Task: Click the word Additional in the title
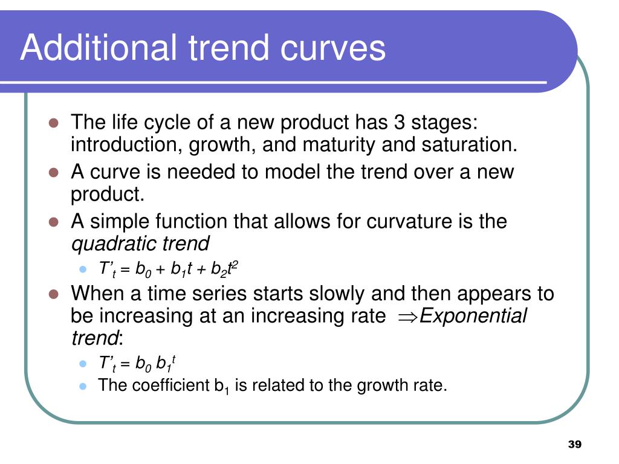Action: coord(99,47)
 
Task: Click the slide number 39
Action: coord(575,444)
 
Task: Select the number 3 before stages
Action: coord(400,122)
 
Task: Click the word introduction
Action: coord(126,145)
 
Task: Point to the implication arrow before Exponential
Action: coord(407,317)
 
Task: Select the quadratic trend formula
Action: coord(168,269)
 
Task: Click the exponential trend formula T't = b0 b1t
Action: coord(137,363)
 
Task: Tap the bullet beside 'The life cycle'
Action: coord(54,123)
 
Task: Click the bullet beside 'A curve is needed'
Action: coord(54,172)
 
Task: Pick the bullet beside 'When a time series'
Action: coord(54,294)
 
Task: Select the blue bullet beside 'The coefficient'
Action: coord(82,386)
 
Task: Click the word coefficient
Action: coord(170,385)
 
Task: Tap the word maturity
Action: coord(339,145)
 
